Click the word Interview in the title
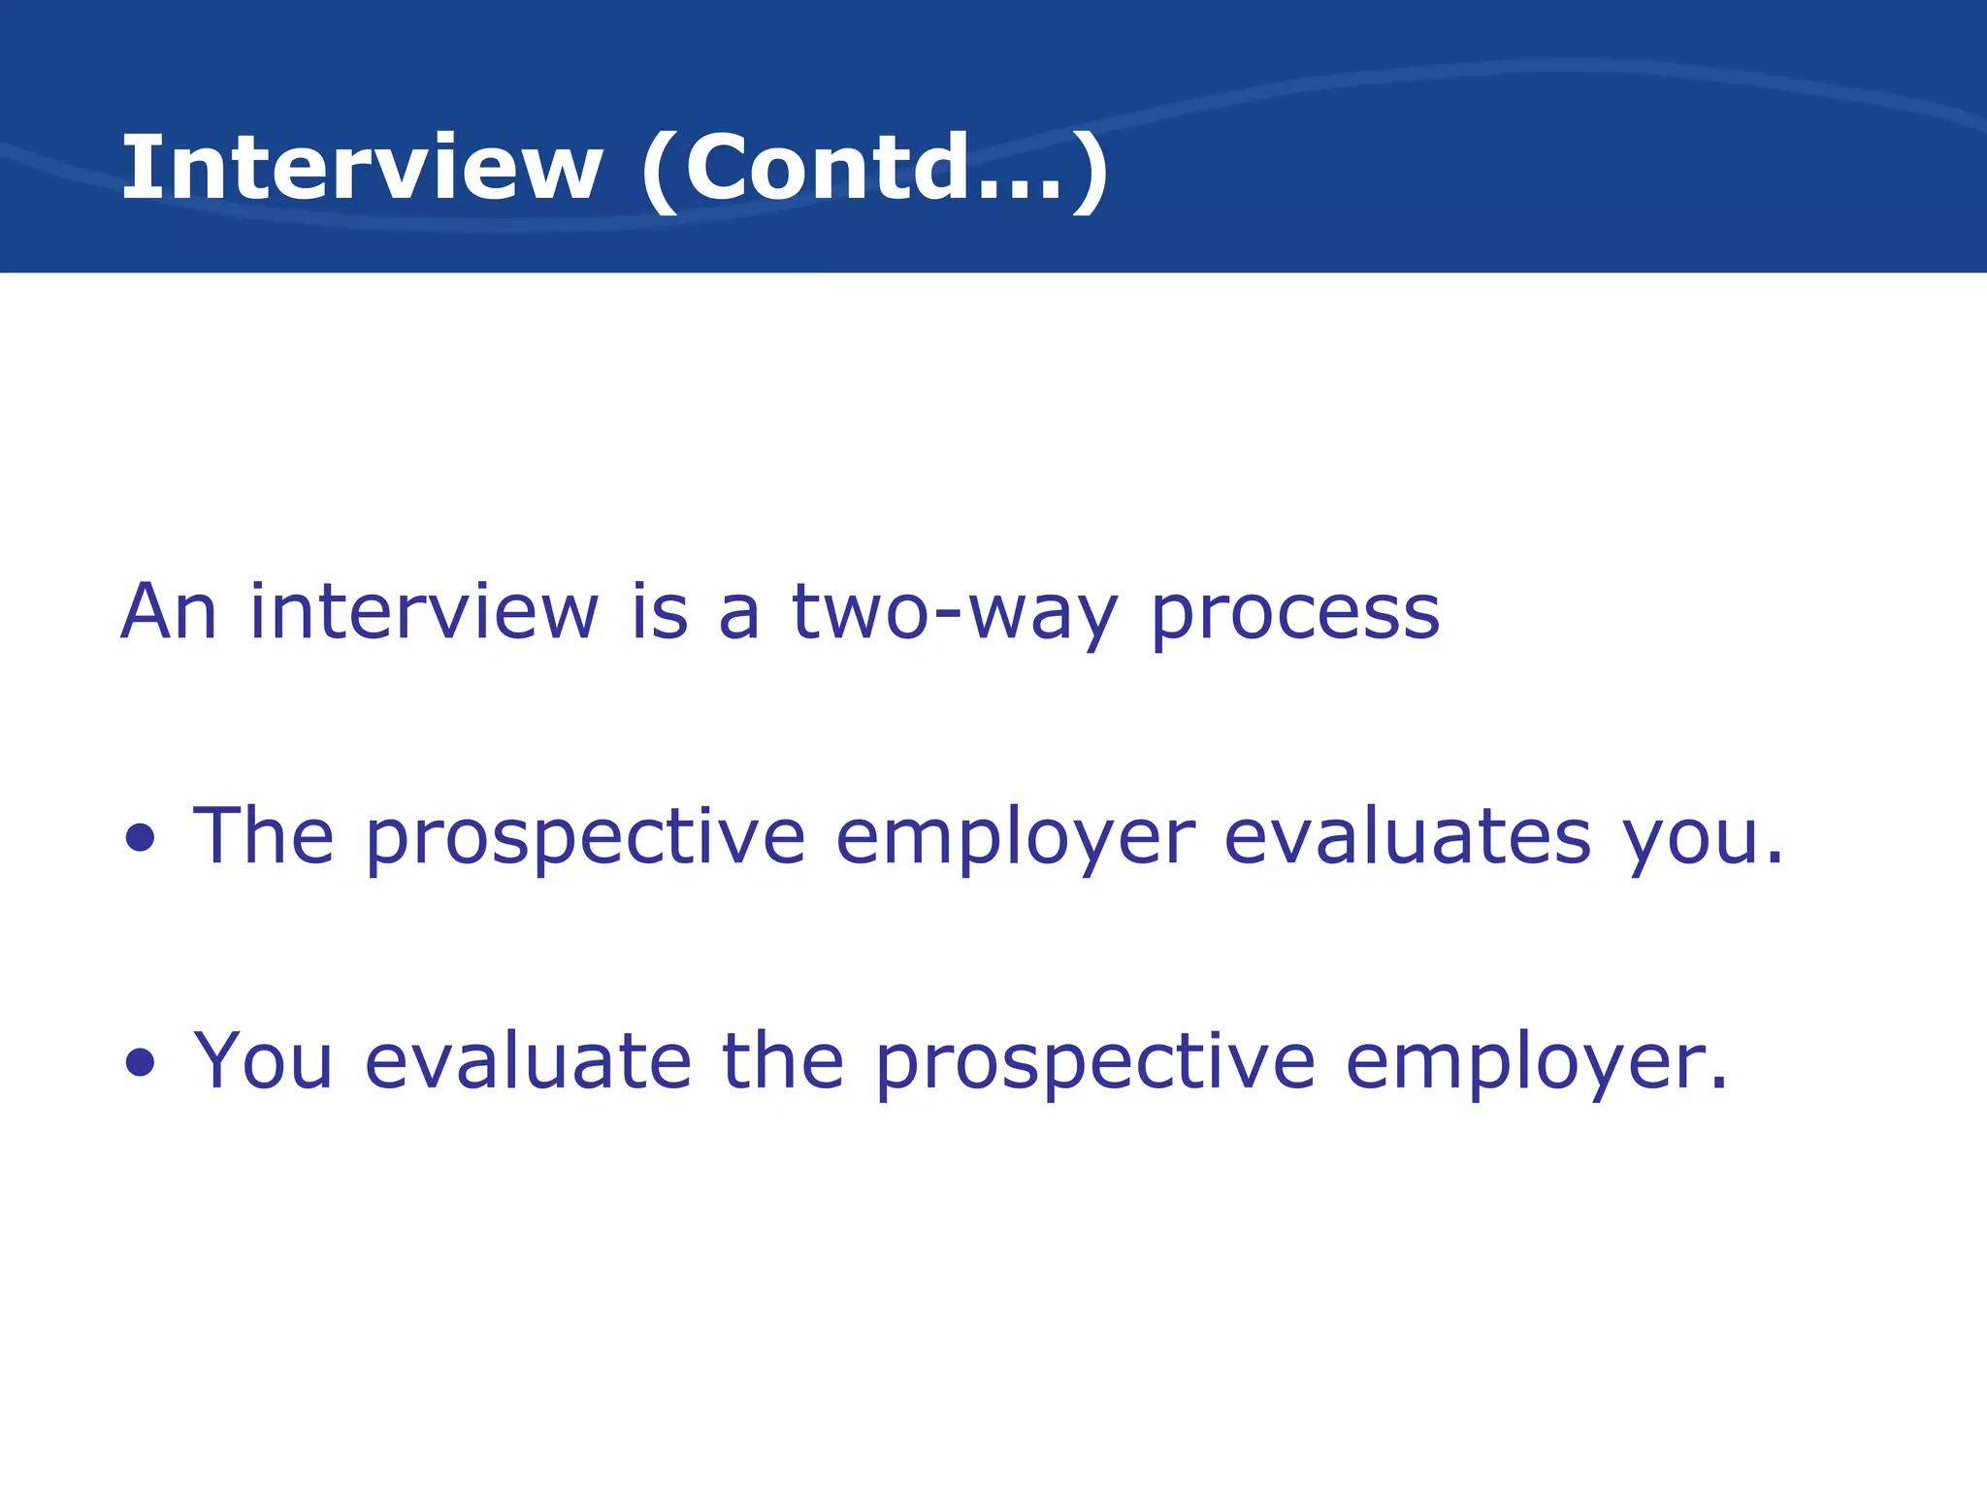[361, 168]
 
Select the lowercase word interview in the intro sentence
[424, 612]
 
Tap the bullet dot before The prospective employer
[141, 838]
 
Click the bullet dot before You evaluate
[141, 1062]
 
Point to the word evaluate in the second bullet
[528, 1060]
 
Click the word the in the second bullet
[783, 1060]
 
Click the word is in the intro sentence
[660, 612]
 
